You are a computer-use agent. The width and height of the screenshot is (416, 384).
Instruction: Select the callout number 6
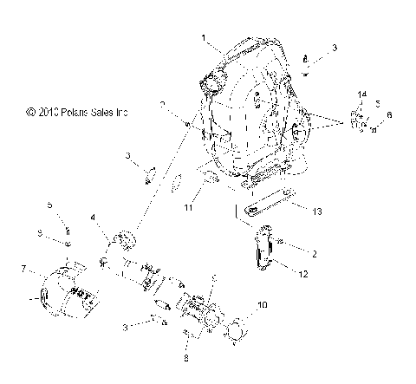(389, 114)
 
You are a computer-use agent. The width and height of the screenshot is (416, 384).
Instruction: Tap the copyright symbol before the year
(31, 112)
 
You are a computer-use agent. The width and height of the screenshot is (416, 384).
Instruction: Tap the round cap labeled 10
(237, 330)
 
